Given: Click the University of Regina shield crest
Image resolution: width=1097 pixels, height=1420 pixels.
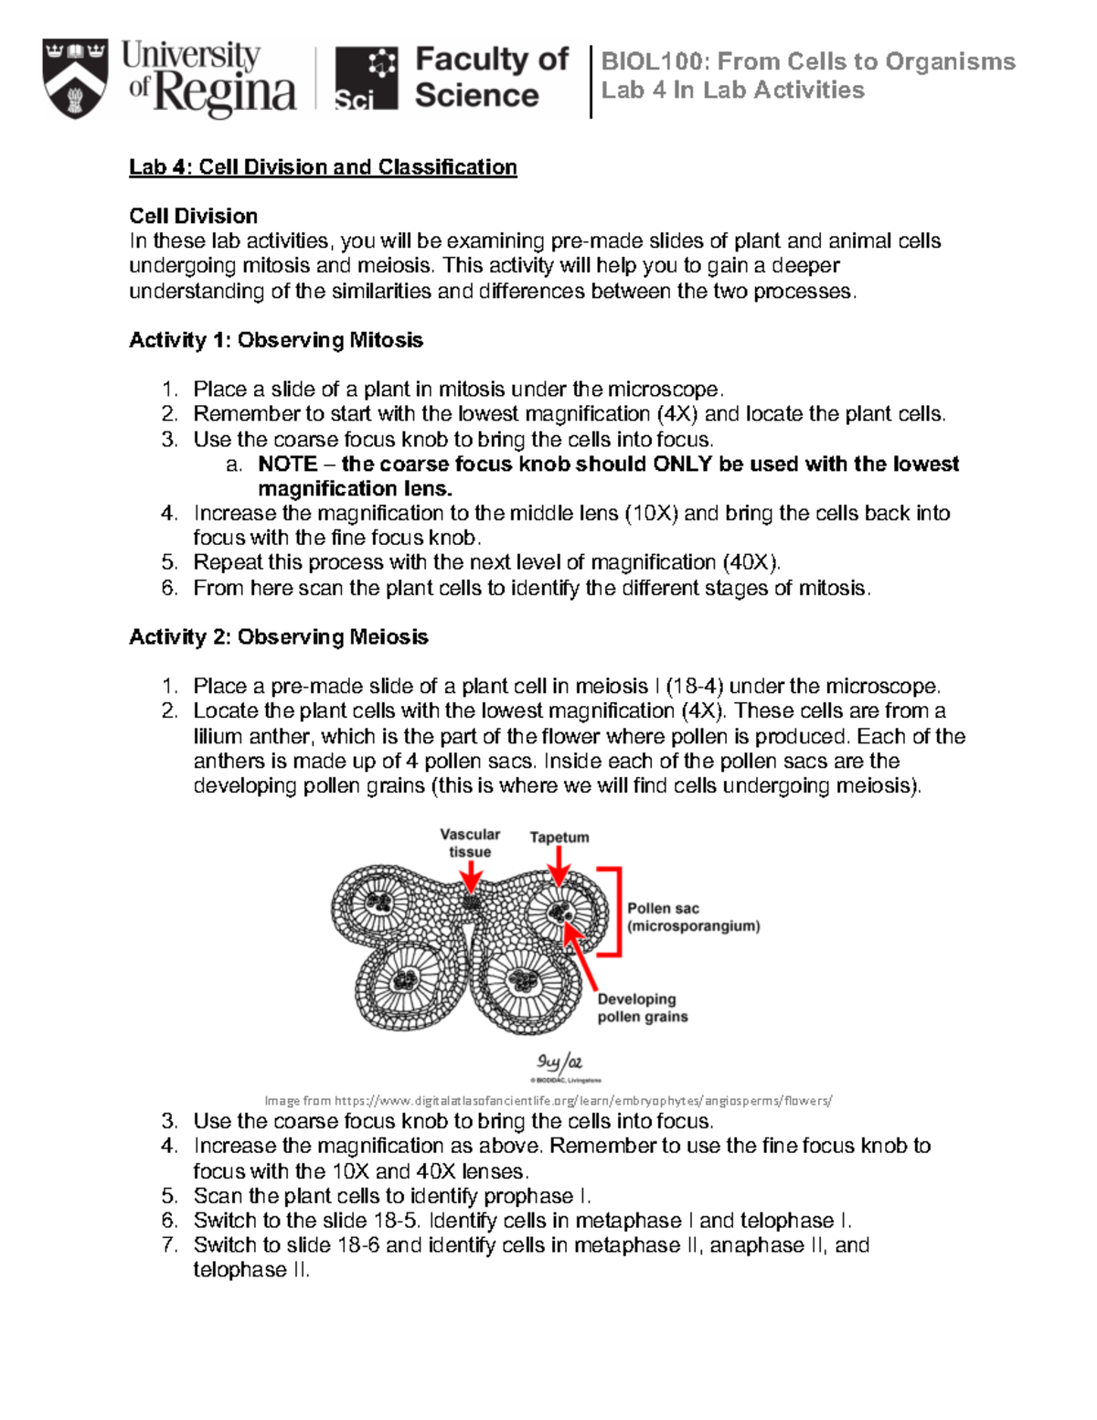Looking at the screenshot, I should [x=75, y=79].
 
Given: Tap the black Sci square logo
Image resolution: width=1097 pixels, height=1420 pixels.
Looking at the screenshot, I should [x=366, y=79].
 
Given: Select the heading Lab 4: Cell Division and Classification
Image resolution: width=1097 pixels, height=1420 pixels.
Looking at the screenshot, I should [x=323, y=167].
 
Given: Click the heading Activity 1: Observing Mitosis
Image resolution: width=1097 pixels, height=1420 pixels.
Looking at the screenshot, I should [x=275, y=340].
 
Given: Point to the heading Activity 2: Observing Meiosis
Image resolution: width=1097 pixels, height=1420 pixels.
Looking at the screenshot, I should [x=278, y=637].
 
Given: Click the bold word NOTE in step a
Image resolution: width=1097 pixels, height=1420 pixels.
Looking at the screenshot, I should [x=287, y=464].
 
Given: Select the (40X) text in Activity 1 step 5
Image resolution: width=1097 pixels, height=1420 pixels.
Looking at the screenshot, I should [x=751, y=562].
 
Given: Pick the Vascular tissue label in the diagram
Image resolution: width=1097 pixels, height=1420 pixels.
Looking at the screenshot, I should [x=470, y=842].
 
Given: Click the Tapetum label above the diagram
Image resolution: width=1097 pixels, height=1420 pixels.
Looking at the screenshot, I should [x=559, y=837].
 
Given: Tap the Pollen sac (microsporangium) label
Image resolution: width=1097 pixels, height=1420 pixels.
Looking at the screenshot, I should [x=692, y=917].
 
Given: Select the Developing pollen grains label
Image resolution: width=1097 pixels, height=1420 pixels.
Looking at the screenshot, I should [x=642, y=1008].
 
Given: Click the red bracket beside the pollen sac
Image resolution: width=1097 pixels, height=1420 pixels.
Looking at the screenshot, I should [x=618, y=911].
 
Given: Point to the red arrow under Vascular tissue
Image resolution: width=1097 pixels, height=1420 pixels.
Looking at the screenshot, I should [x=470, y=878].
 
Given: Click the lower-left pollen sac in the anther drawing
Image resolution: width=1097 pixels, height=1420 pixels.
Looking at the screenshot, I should [x=404, y=982].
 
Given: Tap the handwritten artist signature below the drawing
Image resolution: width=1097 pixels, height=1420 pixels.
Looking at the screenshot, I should [x=559, y=1062].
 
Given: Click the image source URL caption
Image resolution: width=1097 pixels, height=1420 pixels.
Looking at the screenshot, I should [x=548, y=1101].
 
